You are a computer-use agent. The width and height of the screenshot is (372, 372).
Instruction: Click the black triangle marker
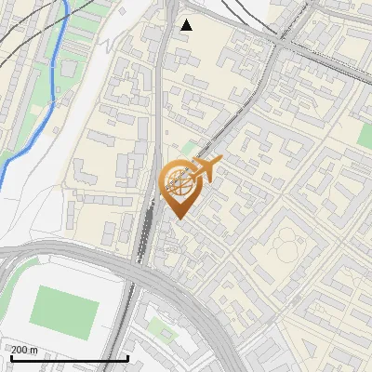coord(186,24)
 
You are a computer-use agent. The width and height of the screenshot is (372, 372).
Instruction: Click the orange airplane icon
coord(205,170)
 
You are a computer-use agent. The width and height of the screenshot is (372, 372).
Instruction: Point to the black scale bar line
coord(69,359)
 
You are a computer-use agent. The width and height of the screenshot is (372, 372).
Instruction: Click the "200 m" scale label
coord(24,350)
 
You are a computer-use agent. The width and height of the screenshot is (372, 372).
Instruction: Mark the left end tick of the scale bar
coord(11,357)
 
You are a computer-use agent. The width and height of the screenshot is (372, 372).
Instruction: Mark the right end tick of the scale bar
coord(127,357)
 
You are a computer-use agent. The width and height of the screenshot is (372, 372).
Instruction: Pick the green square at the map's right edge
coord(365,137)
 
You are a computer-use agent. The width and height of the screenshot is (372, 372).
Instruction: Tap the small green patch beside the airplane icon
coord(189,147)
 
